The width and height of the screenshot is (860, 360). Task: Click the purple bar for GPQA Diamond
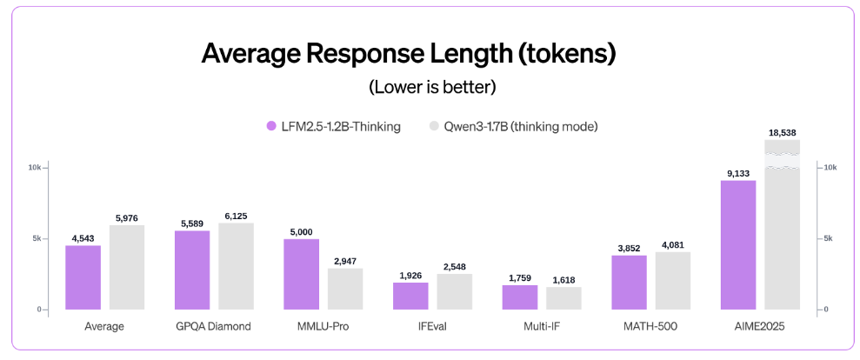coord(192,270)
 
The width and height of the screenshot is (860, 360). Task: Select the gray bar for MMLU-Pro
coord(345,289)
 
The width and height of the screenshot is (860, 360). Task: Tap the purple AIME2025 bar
coord(738,244)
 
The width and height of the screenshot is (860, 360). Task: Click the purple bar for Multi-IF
coord(520,297)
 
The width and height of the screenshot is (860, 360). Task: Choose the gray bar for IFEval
coord(455,291)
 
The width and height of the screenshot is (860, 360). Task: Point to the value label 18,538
coord(782,132)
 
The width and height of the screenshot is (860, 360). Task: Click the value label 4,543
coord(83,237)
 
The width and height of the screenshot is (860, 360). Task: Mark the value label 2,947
coord(345,261)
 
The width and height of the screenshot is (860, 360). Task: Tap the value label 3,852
coord(629,248)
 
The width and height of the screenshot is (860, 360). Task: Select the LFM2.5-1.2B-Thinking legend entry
coord(333,127)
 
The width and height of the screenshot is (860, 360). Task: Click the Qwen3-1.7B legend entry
coord(513,127)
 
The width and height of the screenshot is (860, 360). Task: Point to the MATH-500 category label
coord(650,327)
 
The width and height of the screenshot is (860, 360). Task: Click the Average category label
coord(104,327)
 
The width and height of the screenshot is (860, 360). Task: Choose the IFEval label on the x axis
coord(432,327)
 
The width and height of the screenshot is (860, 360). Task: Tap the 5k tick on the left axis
coord(37,238)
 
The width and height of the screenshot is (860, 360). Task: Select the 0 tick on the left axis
coord(39,310)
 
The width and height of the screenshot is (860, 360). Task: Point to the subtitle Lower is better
coord(432,87)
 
